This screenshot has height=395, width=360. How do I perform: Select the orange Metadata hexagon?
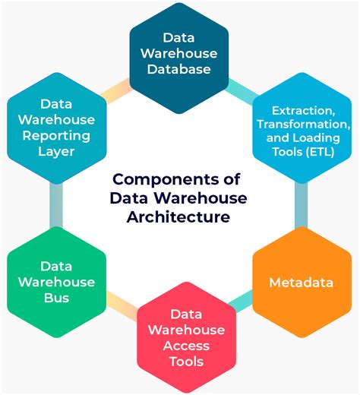(301, 282)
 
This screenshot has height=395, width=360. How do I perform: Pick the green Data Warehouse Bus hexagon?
(56, 282)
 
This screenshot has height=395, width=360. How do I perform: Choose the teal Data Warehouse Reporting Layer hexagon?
(56, 127)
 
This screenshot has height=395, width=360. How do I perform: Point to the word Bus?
(56, 298)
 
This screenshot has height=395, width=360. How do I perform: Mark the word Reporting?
(56, 135)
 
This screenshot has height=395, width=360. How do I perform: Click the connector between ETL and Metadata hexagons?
(302, 205)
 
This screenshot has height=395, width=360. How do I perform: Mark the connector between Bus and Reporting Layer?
(55, 205)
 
